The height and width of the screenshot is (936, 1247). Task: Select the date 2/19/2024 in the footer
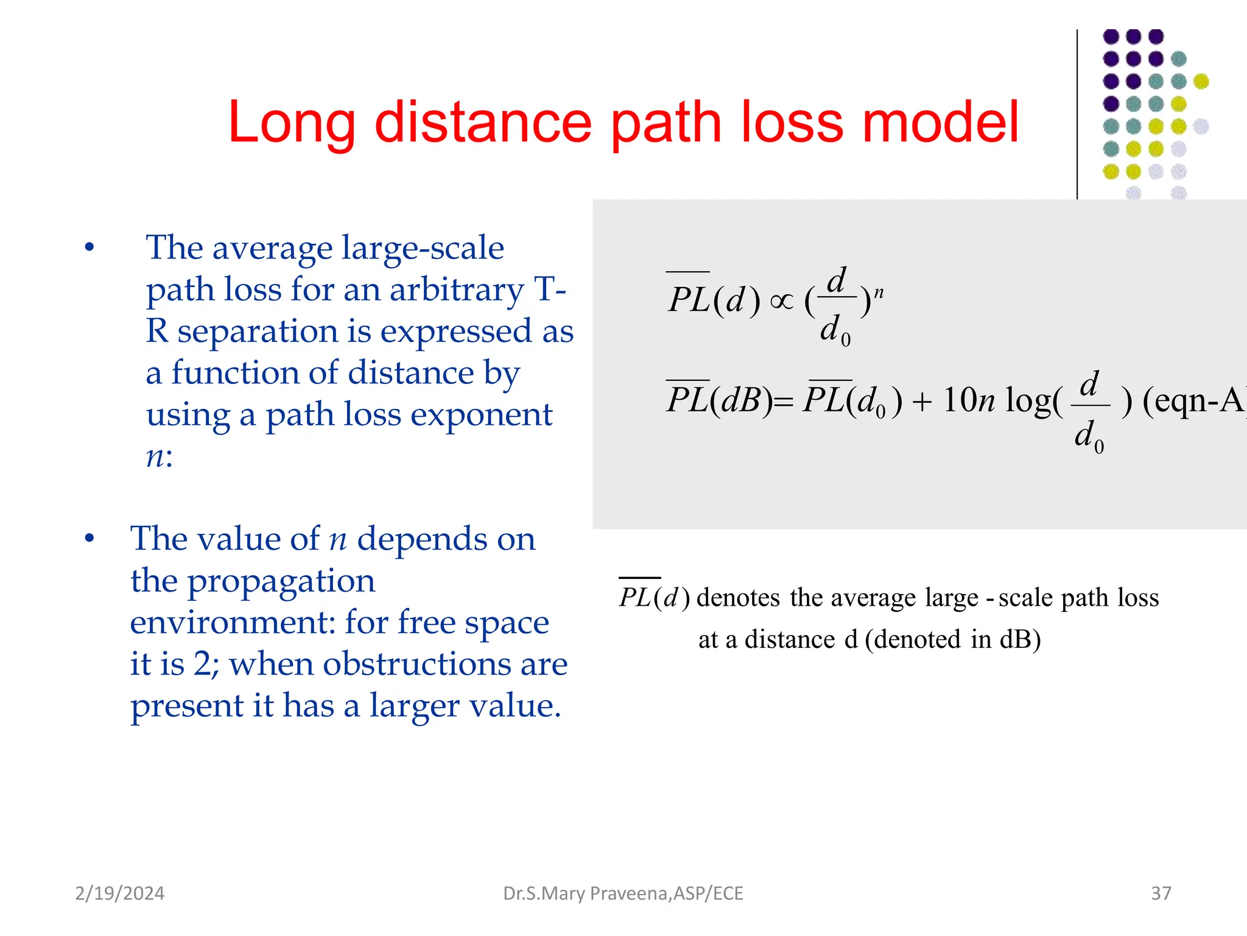click(119, 893)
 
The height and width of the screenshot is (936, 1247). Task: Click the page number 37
click(1161, 893)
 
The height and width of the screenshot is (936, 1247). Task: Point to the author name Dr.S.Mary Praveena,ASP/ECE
click(623, 893)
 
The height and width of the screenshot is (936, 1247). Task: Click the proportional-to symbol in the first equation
click(782, 301)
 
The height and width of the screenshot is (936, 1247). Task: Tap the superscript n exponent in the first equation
click(879, 293)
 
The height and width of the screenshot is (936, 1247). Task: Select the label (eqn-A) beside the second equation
click(1193, 401)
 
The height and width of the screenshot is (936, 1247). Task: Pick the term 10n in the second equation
click(968, 401)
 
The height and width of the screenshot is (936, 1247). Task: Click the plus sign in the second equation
click(922, 403)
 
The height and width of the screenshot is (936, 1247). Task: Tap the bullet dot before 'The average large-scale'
click(90, 247)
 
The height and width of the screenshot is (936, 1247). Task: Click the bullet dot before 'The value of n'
click(90, 539)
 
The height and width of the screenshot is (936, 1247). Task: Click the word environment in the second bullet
click(233, 623)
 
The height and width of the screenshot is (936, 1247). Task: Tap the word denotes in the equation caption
click(738, 598)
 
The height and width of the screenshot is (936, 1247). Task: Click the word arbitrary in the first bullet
click(457, 289)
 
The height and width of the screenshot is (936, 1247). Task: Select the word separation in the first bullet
click(257, 331)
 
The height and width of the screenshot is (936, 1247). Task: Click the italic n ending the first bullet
click(156, 457)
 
